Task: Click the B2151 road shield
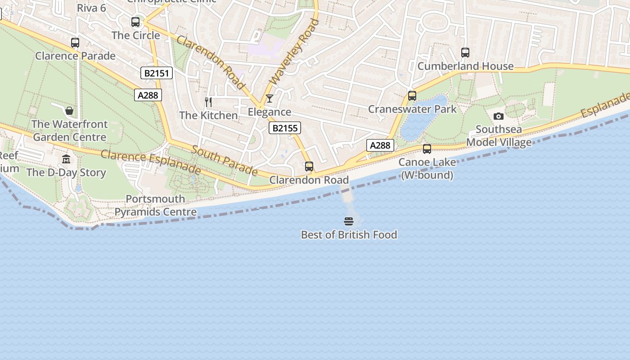[157, 73]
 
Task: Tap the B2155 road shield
[285, 128]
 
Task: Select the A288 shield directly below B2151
[148, 94]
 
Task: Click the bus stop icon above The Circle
[135, 22]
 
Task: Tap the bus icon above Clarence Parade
[75, 43]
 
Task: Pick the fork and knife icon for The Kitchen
[208, 102]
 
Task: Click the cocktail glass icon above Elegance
[269, 99]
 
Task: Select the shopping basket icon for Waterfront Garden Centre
[69, 111]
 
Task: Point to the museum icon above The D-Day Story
[66, 159]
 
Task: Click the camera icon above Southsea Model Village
[498, 116]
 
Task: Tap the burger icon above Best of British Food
[349, 221]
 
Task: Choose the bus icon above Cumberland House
[465, 53]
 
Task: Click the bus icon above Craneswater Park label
[412, 96]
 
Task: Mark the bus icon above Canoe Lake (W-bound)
[427, 149]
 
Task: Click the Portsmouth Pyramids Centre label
[156, 205]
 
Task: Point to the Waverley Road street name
[294, 51]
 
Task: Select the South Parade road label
[225, 161]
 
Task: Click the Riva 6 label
[91, 8]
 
